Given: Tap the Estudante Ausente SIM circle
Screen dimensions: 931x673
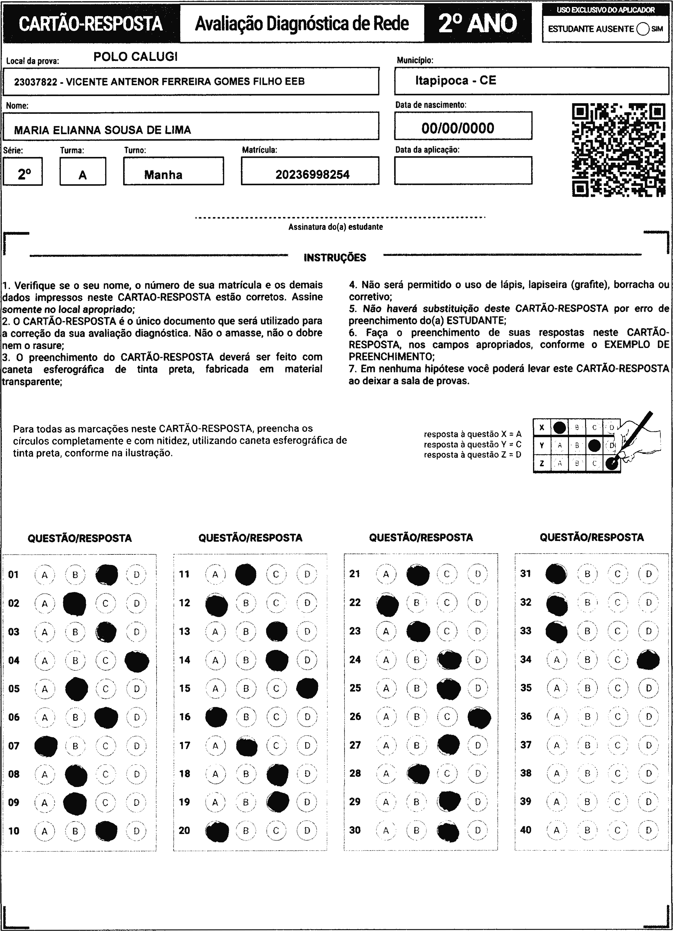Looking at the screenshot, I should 643,29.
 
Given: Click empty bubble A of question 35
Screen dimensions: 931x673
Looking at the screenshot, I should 556,688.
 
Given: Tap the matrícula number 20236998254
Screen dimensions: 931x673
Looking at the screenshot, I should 312,175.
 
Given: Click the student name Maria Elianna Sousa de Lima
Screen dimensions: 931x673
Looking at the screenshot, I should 103,130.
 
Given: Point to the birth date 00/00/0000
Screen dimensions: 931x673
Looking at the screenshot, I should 458,128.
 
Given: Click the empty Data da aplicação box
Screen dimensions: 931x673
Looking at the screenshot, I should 463,170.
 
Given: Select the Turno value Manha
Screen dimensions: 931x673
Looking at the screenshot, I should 163,175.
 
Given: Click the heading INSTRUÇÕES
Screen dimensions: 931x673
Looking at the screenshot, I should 335,258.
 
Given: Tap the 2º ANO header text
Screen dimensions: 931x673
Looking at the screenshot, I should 478,23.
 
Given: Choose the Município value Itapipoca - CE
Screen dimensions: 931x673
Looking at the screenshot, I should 455,80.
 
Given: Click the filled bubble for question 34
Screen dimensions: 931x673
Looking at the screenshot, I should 648,660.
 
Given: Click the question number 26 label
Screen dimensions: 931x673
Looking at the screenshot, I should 355,716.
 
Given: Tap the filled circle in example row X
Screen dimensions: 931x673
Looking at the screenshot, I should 559,428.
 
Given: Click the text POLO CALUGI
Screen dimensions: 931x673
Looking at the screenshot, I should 135,57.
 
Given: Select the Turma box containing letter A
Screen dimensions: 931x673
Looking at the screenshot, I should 83,172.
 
